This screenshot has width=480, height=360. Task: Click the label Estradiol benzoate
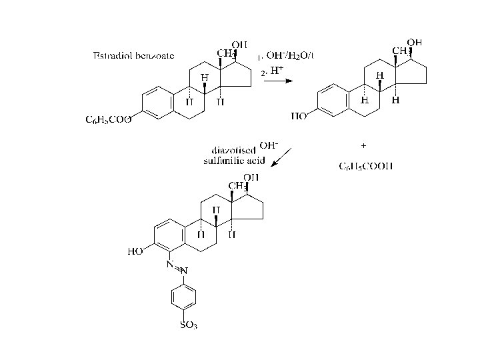click(x=133, y=55)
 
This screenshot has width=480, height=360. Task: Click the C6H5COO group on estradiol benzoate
click(x=109, y=119)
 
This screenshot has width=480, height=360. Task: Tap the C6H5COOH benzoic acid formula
click(x=365, y=166)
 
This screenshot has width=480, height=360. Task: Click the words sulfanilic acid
click(x=234, y=161)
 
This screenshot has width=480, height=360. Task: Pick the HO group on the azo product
click(x=135, y=252)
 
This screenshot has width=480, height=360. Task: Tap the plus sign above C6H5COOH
click(x=363, y=145)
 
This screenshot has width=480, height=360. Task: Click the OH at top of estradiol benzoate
click(x=239, y=45)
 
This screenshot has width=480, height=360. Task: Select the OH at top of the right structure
click(x=415, y=42)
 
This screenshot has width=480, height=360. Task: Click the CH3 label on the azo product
click(x=238, y=185)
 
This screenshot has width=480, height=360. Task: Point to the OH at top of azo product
click(x=251, y=177)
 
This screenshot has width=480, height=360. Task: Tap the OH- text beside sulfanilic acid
click(x=268, y=145)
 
